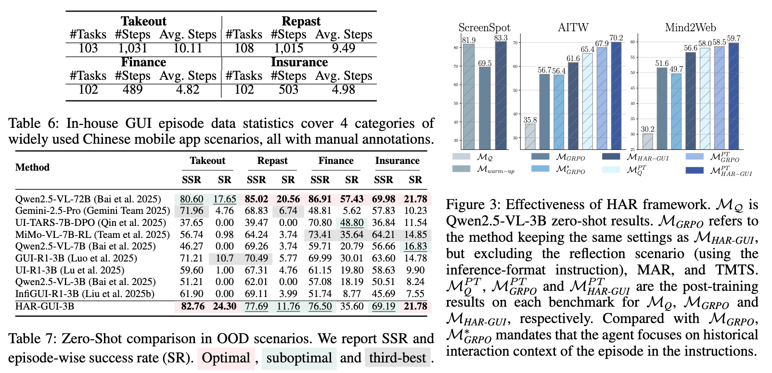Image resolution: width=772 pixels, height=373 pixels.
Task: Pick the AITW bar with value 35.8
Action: point(530,137)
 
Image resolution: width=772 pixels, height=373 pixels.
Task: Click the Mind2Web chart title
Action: point(690,28)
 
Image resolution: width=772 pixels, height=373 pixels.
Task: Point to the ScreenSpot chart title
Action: point(484,28)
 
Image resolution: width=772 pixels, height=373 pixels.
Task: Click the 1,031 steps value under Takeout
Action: point(132,49)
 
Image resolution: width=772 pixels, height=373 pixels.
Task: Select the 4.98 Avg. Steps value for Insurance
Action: point(343,90)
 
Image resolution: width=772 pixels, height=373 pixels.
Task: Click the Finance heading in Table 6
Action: point(143,62)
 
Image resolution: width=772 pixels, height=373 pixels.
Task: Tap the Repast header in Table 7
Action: point(272,161)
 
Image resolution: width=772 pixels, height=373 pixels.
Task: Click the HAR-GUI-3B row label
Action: point(45,307)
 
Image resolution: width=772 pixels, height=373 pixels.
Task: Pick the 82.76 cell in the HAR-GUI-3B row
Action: point(192,307)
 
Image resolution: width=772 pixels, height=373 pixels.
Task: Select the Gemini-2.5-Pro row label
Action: point(92,211)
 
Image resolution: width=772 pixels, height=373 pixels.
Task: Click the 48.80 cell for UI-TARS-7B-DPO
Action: point(352,223)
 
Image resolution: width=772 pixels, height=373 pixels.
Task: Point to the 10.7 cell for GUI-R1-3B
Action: point(224,259)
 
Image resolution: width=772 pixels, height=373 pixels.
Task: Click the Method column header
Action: point(32,168)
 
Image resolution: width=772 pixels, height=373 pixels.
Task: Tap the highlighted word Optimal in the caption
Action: point(226,358)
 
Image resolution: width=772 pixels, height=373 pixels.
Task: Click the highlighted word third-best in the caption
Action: point(397,358)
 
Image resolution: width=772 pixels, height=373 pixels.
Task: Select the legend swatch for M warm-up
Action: point(461,169)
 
